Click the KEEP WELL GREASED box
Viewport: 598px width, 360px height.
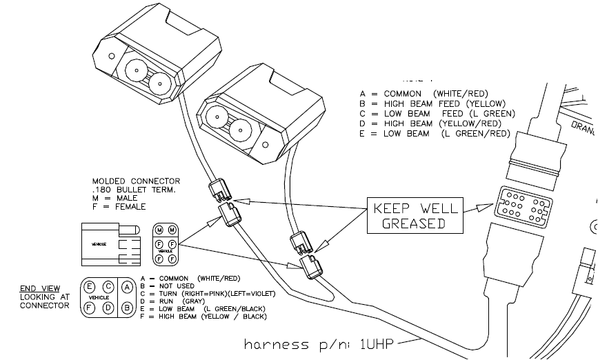point(415,216)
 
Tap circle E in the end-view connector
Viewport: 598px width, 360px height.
point(90,286)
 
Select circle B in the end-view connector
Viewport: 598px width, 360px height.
point(127,306)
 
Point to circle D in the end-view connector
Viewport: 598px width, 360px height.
point(108,306)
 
